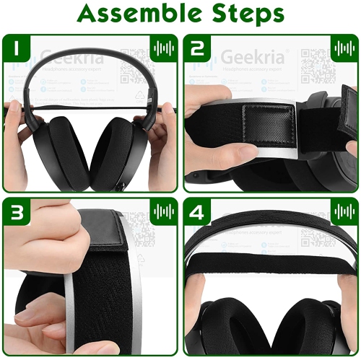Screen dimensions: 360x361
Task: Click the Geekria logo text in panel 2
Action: [246, 56]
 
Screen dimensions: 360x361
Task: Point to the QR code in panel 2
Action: [316, 63]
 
